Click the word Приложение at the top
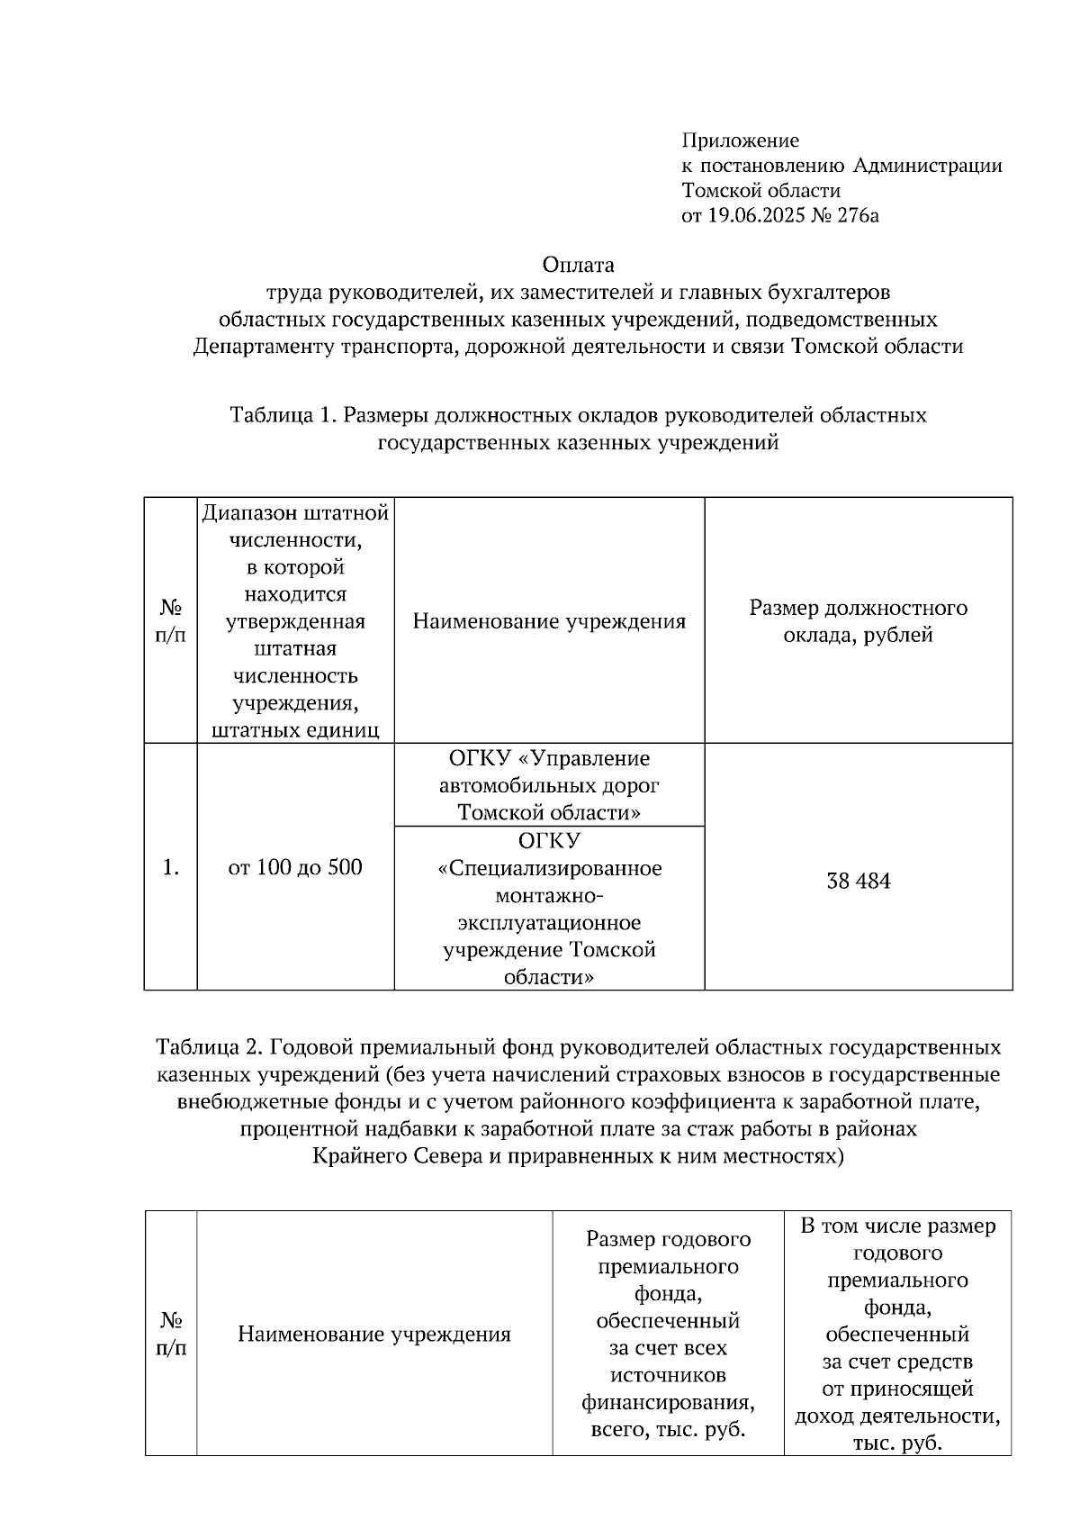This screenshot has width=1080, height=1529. point(740,140)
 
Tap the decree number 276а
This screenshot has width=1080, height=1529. point(856,216)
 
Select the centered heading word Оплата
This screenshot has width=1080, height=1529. point(578,265)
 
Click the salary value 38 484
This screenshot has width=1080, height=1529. point(858,881)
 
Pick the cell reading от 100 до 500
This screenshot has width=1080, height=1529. point(295,867)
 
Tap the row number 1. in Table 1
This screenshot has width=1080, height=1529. point(170,867)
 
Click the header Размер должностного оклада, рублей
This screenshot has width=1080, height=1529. point(858,620)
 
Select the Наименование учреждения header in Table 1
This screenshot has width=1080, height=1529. point(549,620)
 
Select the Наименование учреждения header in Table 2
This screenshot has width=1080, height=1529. point(373,1334)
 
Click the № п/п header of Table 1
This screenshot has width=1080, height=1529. point(170,620)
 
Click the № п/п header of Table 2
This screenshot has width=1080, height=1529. point(170,1334)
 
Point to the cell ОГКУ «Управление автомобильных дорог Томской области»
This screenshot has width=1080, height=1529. point(549,784)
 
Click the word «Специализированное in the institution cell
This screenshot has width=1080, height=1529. point(549,868)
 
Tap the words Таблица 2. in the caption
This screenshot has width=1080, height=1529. point(209,1047)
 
